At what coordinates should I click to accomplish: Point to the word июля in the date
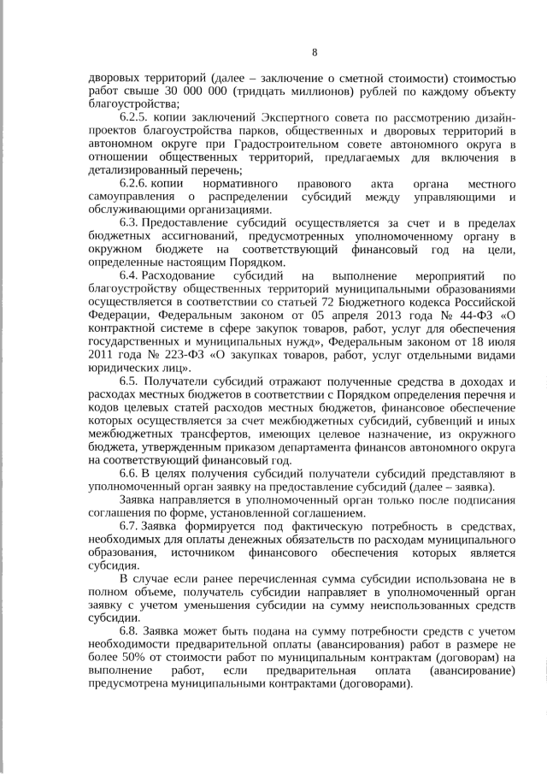[502, 342]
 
